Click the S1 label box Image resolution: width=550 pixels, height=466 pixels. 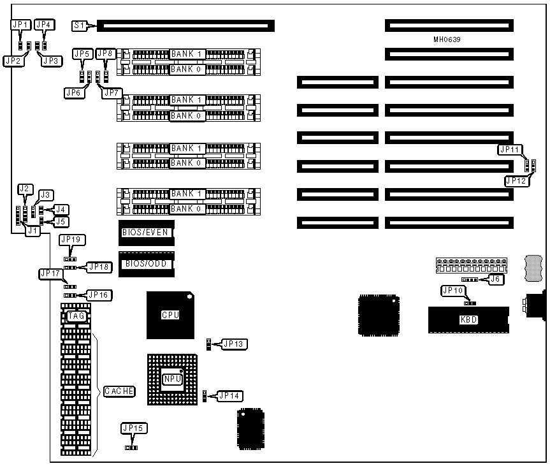point(79,26)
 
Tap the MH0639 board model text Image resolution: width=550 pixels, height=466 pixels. point(447,40)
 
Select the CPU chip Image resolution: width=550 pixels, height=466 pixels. point(170,315)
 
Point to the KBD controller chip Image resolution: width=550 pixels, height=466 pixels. point(468,319)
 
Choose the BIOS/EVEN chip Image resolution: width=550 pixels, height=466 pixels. point(146,233)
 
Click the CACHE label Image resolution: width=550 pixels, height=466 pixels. point(119,391)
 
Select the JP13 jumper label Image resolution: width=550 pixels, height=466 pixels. point(231,344)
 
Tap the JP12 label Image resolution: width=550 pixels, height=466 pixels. point(517,181)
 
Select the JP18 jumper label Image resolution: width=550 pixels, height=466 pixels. point(98,266)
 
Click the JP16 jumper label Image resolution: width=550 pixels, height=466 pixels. point(98,295)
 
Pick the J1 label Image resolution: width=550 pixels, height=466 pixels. point(32,231)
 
